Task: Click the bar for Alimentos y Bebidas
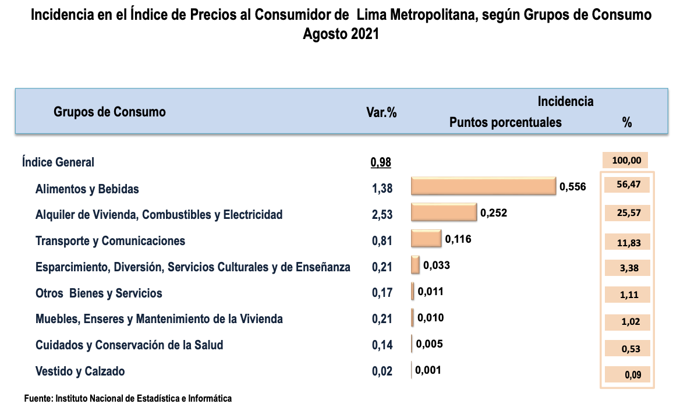click(483, 186)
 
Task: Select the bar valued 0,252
click(444, 212)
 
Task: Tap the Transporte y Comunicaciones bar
click(426, 239)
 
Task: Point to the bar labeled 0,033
click(415, 265)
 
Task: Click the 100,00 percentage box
click(626, 160)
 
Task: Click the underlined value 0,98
click(381, 162)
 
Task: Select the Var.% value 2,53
click(382, 215)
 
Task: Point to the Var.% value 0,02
click(382, 371)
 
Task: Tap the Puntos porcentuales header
click(505, 122)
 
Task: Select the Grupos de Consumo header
click(109, 112)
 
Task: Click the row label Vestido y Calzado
click(80, 371)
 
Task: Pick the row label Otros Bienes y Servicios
click(98, 293)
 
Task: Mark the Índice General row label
click(58, 162)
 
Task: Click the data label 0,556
click(572, 187)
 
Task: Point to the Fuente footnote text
click(127, 399)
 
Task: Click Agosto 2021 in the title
click(341, 34)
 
